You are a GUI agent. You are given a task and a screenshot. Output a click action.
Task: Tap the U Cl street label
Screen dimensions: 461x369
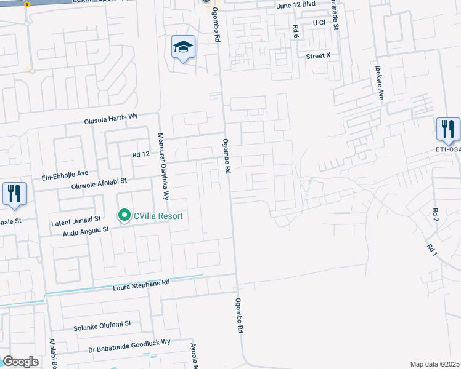coord(319,23)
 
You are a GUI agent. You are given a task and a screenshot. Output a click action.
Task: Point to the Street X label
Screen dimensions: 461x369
coord(319,55)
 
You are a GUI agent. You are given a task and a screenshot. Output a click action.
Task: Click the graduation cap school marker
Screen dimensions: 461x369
coord(183,47)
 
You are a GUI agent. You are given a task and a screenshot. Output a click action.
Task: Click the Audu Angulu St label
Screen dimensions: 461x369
coord(81,229)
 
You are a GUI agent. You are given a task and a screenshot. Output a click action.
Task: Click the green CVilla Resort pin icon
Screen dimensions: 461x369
coord(124,215)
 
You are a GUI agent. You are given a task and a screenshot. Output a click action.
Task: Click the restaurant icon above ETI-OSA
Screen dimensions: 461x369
coord(447,129)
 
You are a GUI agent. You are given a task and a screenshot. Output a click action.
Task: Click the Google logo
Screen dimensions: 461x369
coord(20,362)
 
